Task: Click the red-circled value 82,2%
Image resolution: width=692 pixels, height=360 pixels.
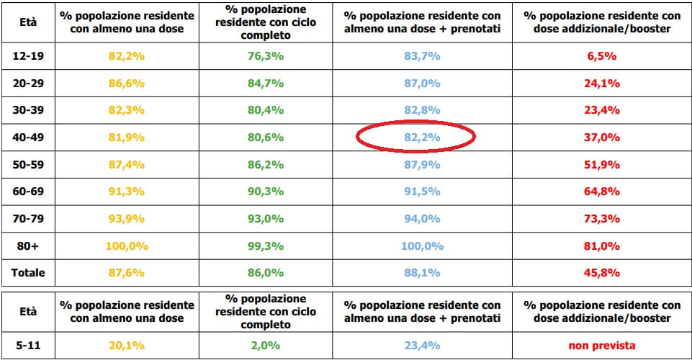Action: [x=423, y=138]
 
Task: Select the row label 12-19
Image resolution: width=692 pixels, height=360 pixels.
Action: [x=30, y=55]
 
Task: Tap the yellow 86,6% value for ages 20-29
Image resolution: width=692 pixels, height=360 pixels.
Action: [x=125, y=83]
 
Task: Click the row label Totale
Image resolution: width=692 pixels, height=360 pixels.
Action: [x=30, y=273]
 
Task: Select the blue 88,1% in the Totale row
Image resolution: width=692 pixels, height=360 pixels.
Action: [x=423, y=273]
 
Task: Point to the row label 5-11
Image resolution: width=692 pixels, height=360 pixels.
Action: [x=28, y=345]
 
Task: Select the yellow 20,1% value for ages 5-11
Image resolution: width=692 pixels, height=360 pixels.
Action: [x=125, y=345]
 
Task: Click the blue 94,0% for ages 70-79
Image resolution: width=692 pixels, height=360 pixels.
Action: [x=423, y=219]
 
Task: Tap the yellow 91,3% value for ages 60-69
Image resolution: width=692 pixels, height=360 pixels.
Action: [x=125, y=192]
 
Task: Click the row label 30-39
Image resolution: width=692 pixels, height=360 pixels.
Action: [x=30, y=110]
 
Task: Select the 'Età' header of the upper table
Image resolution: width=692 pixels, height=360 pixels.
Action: [x=30, y=22]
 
